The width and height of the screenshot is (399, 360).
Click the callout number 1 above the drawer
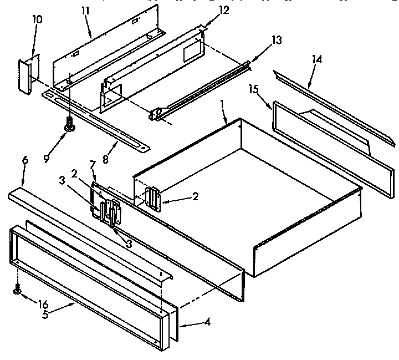(223, 103)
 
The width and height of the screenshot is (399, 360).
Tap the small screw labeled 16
(17, 288)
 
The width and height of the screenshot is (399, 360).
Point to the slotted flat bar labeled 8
(94, 120)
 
